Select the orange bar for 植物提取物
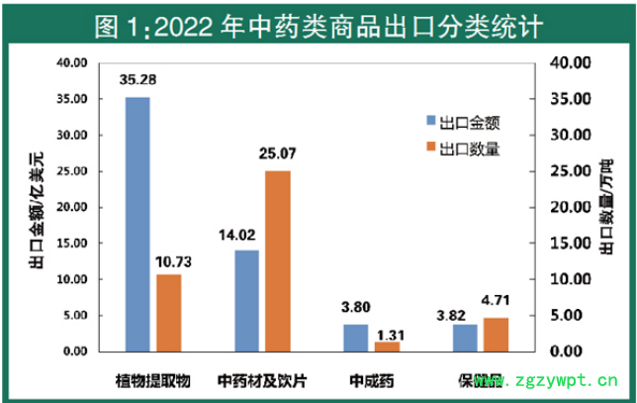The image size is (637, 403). (169, 313)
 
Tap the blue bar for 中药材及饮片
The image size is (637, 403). (246, 301)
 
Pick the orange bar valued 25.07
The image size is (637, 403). (278, 261)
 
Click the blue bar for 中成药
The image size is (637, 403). (356, 338)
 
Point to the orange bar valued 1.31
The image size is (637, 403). (388, 347)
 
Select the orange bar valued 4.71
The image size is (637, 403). (496, 335)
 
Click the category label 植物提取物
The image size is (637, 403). (155, 379)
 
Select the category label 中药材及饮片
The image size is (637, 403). (262, 379)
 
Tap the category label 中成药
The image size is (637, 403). (372, 379)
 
